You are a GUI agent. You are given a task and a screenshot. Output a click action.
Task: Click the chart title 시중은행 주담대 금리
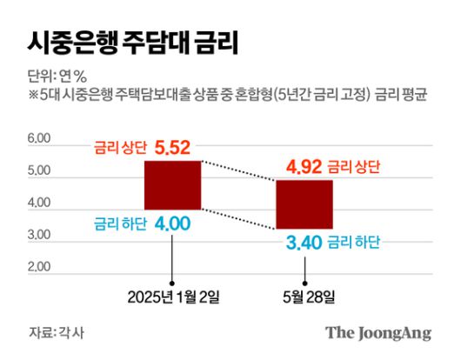pos(132,40)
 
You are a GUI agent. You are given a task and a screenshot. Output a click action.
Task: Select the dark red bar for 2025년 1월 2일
pos(172,184)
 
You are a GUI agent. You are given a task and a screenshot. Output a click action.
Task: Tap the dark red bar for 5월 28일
pos(304,203)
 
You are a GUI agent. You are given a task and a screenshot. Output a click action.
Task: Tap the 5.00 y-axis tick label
pos(40,171)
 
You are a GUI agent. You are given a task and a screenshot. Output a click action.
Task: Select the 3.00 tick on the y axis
pos(40,236)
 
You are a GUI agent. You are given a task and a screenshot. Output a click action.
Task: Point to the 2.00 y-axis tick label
pos(40,268)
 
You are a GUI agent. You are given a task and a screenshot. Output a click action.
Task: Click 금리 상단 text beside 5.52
pos(120,149)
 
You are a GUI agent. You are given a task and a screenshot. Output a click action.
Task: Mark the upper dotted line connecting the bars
pos(238,170)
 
